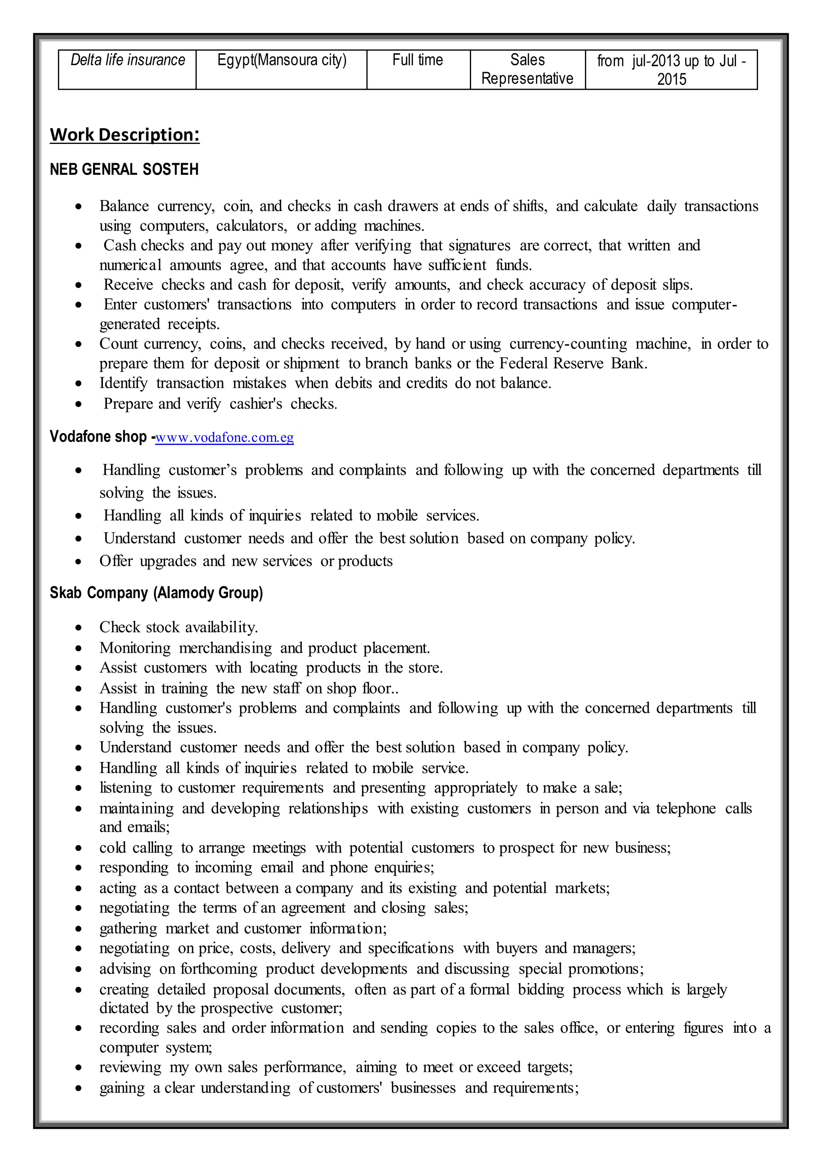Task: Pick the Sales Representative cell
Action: pyautogui.click(x=527, y=69)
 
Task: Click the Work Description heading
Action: pyautogui.click(x=124, y=135)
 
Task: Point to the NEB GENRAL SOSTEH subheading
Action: pyautogui.click(x=124, y=170)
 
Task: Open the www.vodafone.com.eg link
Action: pyautogui.click(x=224, y=437)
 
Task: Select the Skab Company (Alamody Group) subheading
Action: pyautogui.click(x=156, y=593)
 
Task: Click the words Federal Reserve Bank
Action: pyautogui.click(x=573, y=364)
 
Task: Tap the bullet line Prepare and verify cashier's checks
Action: pyautogui.click(x=220, y=404)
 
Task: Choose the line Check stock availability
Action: pyautogui.click(x=178, y=627)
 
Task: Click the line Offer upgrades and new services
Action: pyautogui.click(x=246, y=561)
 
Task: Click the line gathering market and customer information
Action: pyautogui.click(x=243, y=928)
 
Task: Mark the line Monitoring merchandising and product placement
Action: pyautogui.click(x=265, y=648)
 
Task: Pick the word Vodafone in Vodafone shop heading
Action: pyautogui.click(x=74, y=437)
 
